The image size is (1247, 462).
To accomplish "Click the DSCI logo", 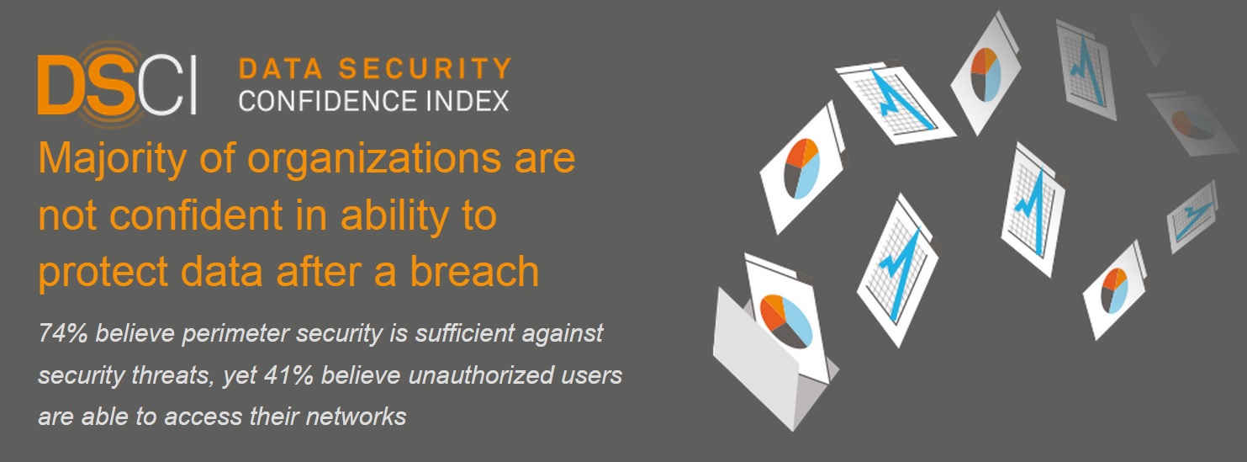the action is point(117,85).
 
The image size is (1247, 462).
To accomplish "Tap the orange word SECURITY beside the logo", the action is point(425,68).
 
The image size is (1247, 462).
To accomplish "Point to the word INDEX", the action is point(467,101).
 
